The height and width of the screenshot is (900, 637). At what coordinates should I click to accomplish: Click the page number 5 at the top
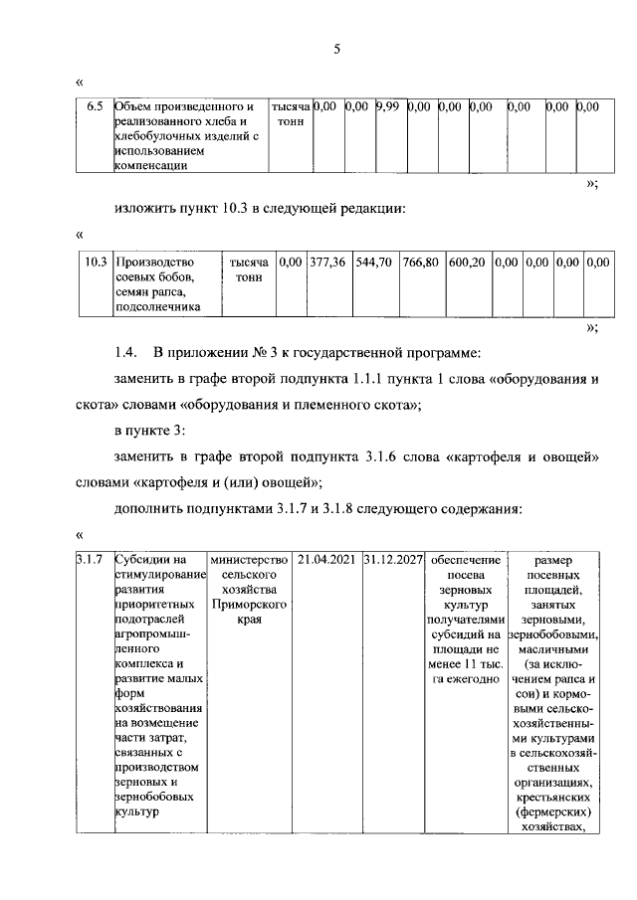pos(336,52)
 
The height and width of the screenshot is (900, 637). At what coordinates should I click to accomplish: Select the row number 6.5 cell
pos(95,106)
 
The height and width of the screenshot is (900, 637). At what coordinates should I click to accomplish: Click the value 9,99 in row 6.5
pos(386,106)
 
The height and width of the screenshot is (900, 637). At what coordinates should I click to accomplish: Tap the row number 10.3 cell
pos(96,262)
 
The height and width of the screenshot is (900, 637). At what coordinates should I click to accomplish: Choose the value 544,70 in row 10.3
pos(374,262)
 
